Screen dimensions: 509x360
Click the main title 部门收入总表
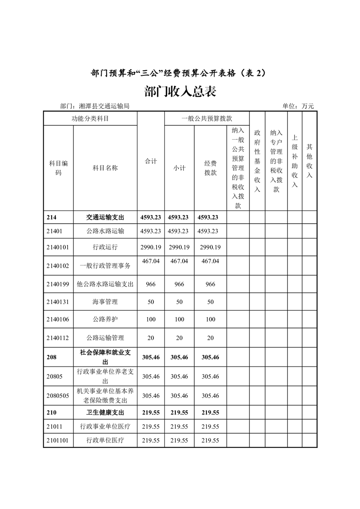(x=180, y=91)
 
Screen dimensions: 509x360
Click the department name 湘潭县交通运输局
(x=104, y=106)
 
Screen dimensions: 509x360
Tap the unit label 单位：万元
(x=298, y=106)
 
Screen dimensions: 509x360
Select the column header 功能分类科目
(x=90, y=118)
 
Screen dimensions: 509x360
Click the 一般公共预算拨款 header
(x=207, y=118)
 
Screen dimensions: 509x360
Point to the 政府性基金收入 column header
(x=257, y=162)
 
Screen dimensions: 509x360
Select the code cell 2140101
(x=58, y=247)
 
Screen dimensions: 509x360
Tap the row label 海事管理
(x=105, y=302)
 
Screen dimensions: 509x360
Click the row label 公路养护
(x=105, y=319)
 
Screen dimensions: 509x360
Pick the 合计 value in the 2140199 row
(x=151, y=284)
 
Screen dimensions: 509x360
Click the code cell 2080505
(x=58, y=396)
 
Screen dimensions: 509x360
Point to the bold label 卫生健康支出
(x=105, y=413)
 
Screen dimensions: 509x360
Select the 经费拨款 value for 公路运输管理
(x=210, y=338)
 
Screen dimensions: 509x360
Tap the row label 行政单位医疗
(x=105, y=440)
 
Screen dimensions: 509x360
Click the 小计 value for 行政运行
(x=179, y=247)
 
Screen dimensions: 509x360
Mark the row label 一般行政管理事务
(x=105, y=265)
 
